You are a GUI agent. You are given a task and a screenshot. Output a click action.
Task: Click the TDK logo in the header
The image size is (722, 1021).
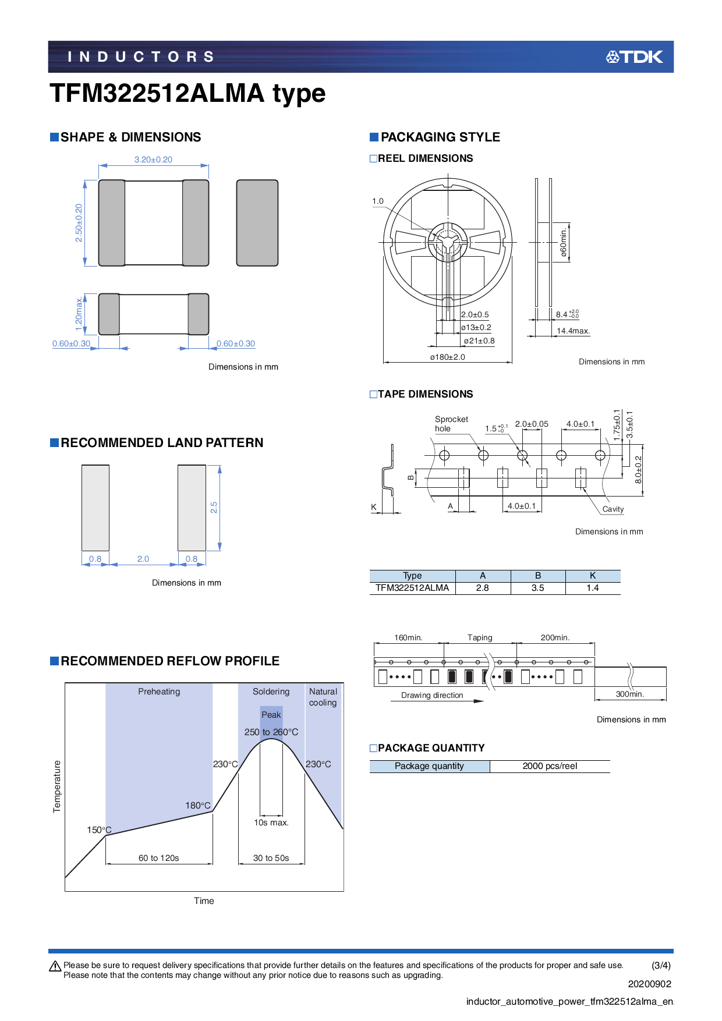(x=634, y=56)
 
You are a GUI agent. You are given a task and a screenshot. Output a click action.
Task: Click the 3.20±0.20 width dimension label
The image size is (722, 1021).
(x=153, y=159)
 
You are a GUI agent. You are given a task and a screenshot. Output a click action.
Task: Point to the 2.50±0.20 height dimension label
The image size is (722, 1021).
(x=79, y=223)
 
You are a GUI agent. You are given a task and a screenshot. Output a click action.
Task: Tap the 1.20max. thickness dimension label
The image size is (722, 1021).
(x=79, y=314)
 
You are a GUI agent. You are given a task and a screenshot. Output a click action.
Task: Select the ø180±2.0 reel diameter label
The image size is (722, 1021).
(x=447, y=357)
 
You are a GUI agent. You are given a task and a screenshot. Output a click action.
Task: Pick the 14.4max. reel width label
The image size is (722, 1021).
(x=573, y=331)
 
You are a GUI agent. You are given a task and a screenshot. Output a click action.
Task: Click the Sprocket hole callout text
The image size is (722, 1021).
(x=451, y=424)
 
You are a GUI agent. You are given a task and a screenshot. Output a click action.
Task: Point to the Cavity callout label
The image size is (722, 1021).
(x=613, y=509)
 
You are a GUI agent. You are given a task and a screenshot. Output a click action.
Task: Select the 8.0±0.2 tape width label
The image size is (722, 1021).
(x=638, y=469)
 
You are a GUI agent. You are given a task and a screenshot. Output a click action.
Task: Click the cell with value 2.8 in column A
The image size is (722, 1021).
(x=482, y=588)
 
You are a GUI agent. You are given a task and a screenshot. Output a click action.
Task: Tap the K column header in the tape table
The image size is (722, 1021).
(x=592, y=576)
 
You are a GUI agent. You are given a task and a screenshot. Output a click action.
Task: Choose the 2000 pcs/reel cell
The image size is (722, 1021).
(x=550, y=766)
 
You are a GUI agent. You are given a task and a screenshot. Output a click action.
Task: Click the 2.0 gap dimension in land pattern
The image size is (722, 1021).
(x=143, y=559)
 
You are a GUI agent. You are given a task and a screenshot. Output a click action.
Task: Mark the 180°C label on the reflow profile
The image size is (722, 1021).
(x=197, y=806)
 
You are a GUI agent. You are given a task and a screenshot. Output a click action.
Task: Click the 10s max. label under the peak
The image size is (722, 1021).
(x=271, y=823)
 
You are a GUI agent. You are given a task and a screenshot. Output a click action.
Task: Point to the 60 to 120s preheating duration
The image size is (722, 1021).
(x=158, y=858)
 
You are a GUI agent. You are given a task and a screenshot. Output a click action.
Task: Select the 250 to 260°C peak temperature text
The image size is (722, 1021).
(x=271, y=732)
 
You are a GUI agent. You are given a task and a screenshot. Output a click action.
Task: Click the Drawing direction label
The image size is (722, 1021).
(x=432, y=695)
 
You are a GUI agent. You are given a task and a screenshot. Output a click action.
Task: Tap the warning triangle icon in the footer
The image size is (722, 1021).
(x=55, y=966)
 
